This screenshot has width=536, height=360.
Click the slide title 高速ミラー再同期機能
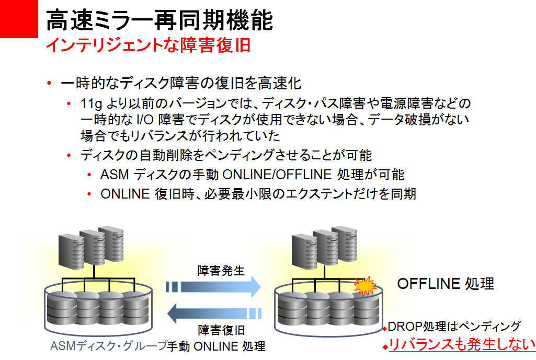(159, 21)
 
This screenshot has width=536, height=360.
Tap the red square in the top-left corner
(19, 19)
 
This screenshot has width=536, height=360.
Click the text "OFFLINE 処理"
(446, 284)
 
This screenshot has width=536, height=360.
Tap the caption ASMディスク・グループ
(108, 346)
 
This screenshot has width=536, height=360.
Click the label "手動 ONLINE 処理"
(216, 346)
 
